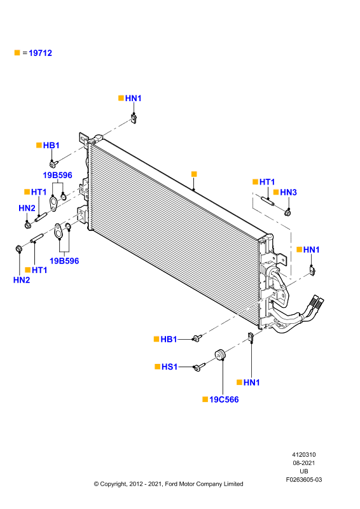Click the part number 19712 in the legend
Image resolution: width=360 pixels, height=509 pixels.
(40, 53)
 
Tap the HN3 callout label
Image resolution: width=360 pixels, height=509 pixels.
(288, 192)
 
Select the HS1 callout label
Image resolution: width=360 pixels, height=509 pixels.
(169, 366)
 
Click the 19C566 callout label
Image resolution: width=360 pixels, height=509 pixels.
(224, 400)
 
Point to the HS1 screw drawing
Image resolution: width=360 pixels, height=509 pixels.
(198, 367)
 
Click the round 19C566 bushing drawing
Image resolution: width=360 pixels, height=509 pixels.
(221, 354)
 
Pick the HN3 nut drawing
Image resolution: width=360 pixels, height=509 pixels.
(287, 213)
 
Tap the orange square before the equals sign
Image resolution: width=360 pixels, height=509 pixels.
(17, 53)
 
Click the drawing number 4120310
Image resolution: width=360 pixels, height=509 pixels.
(304, 454)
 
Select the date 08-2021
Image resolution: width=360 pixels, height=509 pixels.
(304, 463)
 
